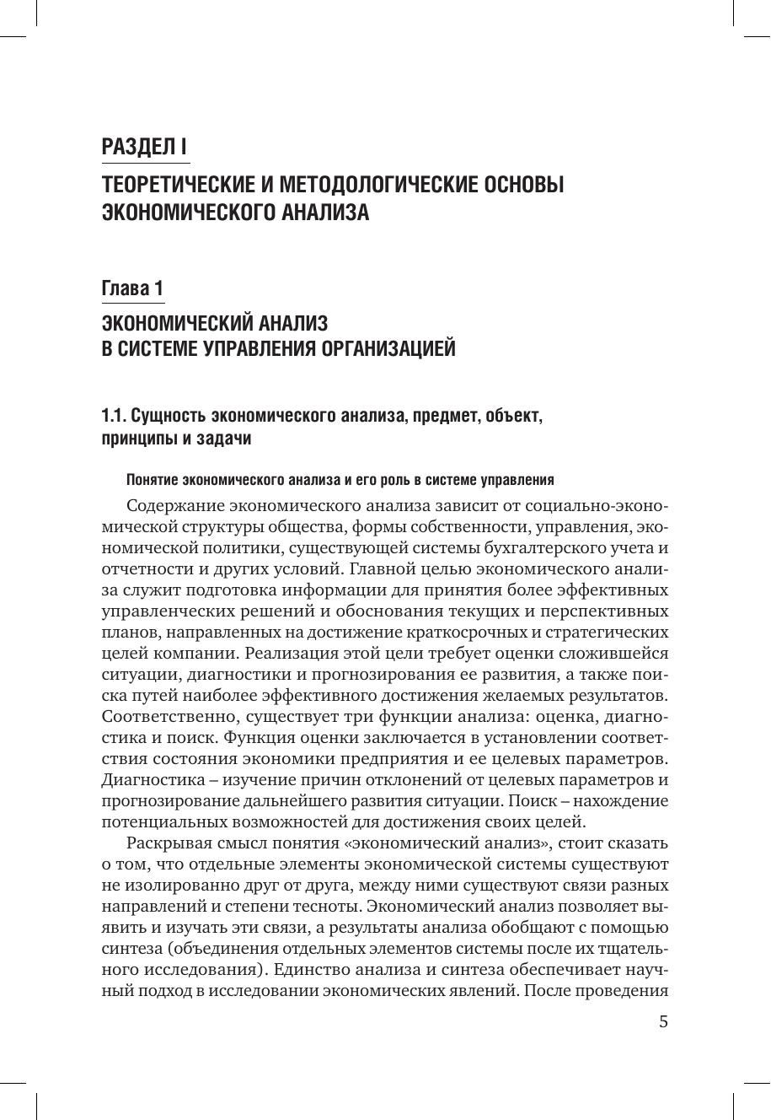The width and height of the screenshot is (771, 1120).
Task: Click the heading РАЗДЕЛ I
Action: (144, 147)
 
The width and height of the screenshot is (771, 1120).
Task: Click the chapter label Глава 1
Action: (132, 289)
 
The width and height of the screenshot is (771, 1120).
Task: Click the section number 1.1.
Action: (112, 416)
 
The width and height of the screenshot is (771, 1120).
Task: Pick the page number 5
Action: (663, 1022)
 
